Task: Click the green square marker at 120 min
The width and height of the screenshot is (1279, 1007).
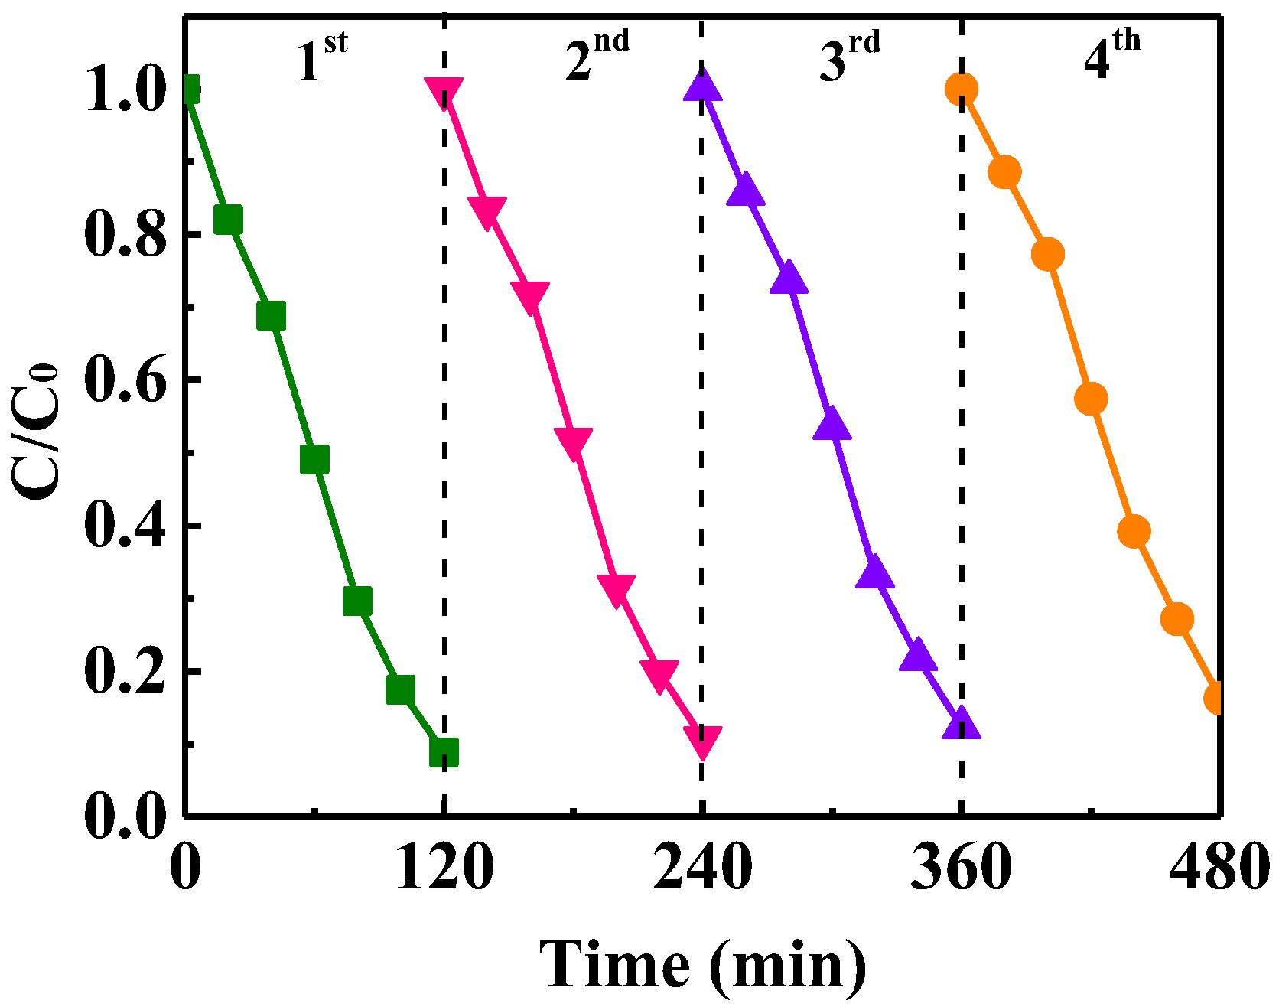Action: pyautogui.click(x=444, y=752)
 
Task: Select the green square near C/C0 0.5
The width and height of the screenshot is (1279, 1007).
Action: pyautogui.click(x=314, y=459)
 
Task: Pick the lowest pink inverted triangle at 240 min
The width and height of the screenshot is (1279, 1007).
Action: pyautogui.click(x=702, y=741)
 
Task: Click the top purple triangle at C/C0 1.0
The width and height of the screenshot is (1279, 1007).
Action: pyautogui.click(x=702, y=86)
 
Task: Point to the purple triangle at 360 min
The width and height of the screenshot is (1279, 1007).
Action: pyautogui.click(x=961, y=724)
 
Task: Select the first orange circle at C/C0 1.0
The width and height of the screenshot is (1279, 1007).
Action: pyautogui.click(x=961, y=89)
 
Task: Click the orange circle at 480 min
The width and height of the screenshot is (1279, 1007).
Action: pyautogui.click(x=1216, y=698)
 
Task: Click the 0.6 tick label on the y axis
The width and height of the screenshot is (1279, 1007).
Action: pyautogui.click(x=125, y=380)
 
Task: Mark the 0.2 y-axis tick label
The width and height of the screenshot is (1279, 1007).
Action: pyautogui.click(x=125, y=672)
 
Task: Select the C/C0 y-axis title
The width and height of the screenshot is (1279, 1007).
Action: pyautogui.click(x=37, y=432)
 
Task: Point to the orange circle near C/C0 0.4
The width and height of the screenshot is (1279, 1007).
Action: pyautogui.click(x=1134, y=530)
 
